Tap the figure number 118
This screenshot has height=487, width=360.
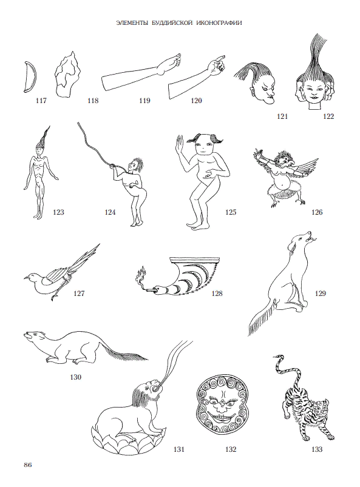[x=93, y=101]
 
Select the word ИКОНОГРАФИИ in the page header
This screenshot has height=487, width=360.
[x=220, y=23]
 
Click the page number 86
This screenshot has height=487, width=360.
[x=28, y=465]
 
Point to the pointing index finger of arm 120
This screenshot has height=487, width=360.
[x=221, y=58]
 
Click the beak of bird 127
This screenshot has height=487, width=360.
[x=25, y=277]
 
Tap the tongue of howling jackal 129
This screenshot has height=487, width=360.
[x=313, y=239]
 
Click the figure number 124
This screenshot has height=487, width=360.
[x=110, y=212]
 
